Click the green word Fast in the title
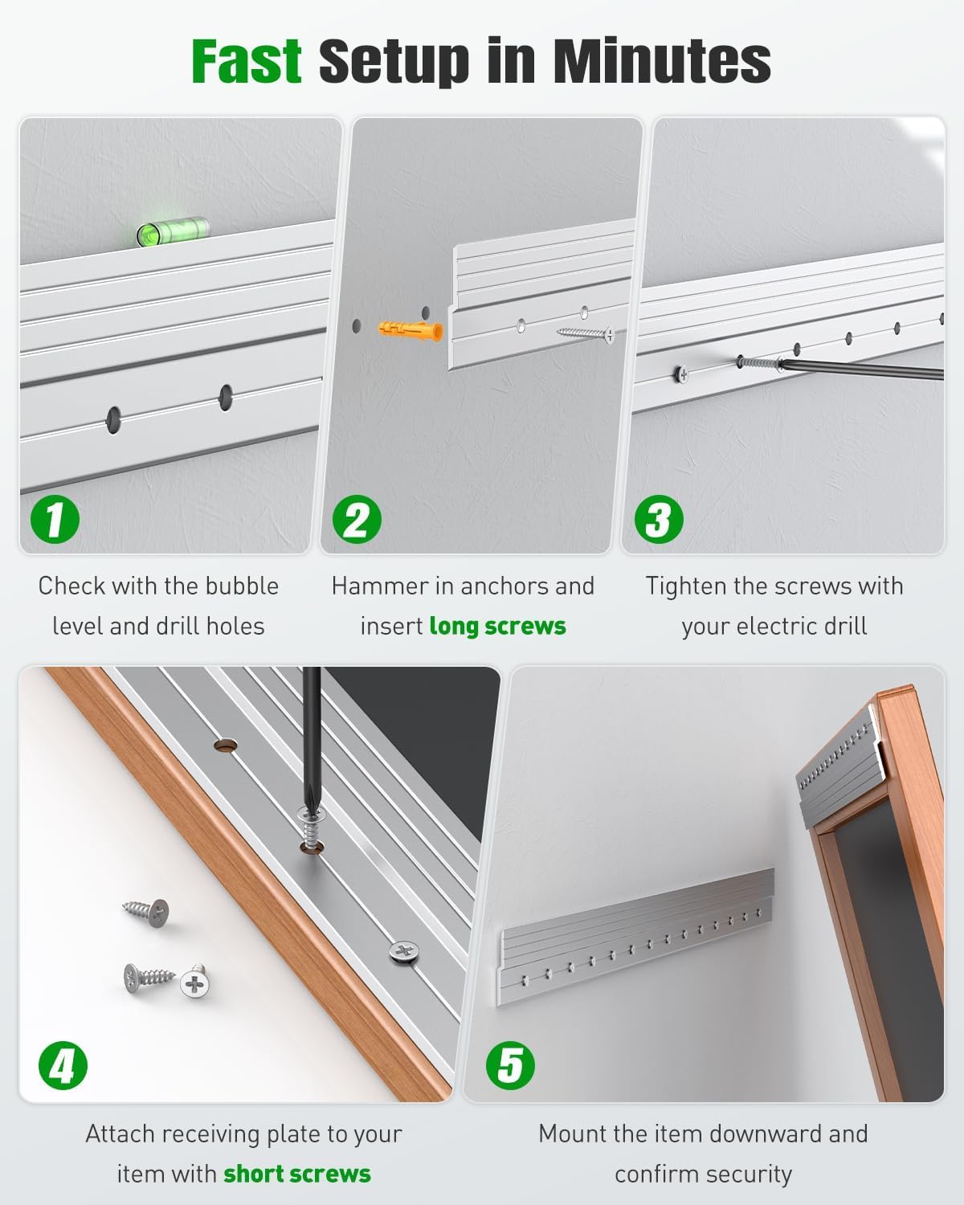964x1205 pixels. coord(246,61)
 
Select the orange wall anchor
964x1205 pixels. coord(411,329)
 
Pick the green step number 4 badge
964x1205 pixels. coord(63,1066)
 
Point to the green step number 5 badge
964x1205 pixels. coord(509,1066)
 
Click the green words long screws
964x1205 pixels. coord(497,626)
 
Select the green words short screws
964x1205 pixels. coord(297,1174)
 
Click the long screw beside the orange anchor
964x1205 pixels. coord(585,333)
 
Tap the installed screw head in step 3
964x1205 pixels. coord(681,373)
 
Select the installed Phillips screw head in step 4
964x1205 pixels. coord(405,953)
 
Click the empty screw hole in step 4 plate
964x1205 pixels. coord(227,745)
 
